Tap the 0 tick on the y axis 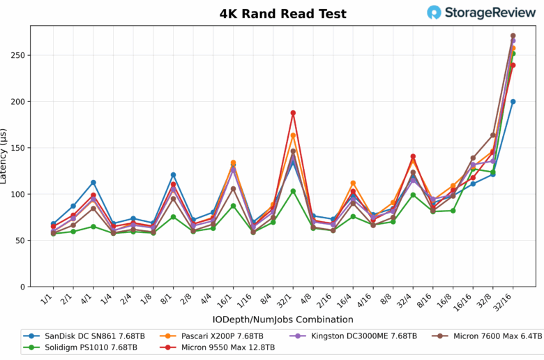coord(23,287)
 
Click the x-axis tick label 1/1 coord(49,299)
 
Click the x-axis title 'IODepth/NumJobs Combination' coord(282,320)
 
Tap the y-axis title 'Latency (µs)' coord(6,156)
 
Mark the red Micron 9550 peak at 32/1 coord(293,112)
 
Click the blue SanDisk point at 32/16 coord(513,101)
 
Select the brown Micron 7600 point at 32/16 coord(513,36)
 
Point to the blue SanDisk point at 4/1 coord(93,183)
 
